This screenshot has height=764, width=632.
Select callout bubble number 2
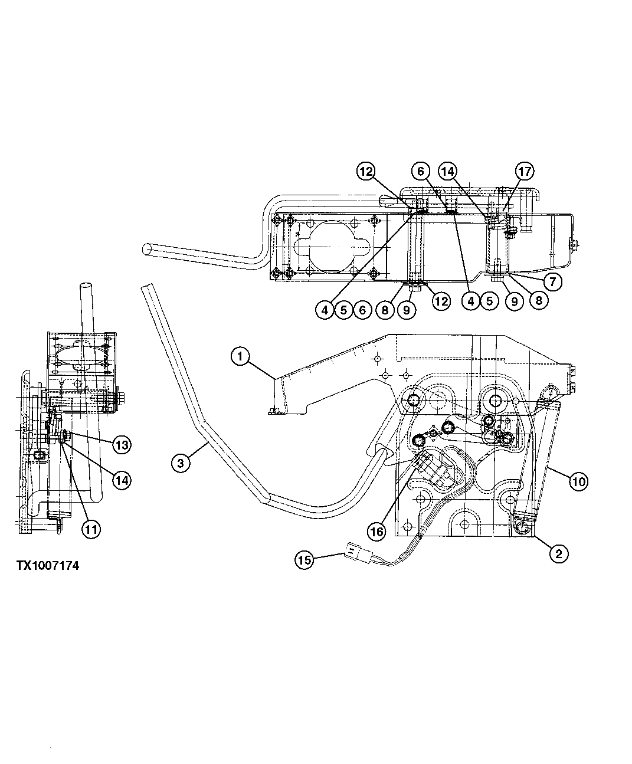coord(558,553)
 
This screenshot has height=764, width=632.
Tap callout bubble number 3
coord(181,463)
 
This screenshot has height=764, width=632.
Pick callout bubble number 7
coord(552,281)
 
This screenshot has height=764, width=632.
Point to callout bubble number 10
coord(578,482)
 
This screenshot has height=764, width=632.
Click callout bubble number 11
coord(90,529)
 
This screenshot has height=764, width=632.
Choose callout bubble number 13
coord(122,445)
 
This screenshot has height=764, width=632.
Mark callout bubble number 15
coord(304,560)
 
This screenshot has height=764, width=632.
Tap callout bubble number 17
coord(525,172)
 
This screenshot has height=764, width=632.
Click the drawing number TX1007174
coord(47,566)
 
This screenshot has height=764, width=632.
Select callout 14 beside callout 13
coord(122,480)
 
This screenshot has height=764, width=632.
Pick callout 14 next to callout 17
coord(447,172)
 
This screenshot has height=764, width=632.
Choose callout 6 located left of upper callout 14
coord(421,172)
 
